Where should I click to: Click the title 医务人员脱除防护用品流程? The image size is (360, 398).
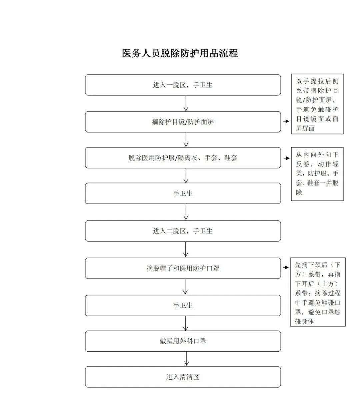pyautogui.click(x=180, y=53)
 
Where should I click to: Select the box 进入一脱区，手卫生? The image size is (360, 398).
pyautogui.click(x=183, y=85)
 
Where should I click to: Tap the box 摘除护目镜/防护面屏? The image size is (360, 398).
pyautogui.click(x=183, y=122)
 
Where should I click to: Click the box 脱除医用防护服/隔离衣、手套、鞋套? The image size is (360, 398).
pyautogui.click(x=183, y=158)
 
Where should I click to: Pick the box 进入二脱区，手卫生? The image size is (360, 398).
pyautogui.click(x=183, y=231)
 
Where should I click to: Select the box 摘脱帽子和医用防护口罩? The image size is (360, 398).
pyautogui.click(x=183, y=268)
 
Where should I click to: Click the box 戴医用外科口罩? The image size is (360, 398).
pyautogui.click(x=183, y=341)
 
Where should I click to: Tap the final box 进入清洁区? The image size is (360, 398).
pyautogui.click(x=183, y=377)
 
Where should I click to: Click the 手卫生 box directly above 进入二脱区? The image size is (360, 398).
pyautogui.click(x=183, y=193)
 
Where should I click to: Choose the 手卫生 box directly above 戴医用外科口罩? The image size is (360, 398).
pyautogui.click(x=183, y=305)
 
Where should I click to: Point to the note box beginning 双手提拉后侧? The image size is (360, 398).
pyautogui.click(x=317, y=104)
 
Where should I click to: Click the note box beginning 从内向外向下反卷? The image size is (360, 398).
pyautogui.click(x=317, y=174)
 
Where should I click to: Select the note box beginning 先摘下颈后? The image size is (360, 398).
pyautogui.click(x=318, y=292)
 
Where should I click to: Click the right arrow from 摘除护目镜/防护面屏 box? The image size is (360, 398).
pyautogui.click(x=286, y=121)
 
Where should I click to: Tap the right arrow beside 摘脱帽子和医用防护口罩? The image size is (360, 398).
pyautogui.click(x=286, y=268)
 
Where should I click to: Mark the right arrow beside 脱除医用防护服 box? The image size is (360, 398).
pyautogui.click(x=286, y=158)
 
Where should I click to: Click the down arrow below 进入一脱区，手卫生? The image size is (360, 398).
pyautogui.click(x=186, y=103)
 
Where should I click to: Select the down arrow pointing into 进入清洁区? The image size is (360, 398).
pyautogui.click(x=186, y=359)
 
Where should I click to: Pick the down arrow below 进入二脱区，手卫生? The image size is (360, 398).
pyautogui.click(x=186, y=249)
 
